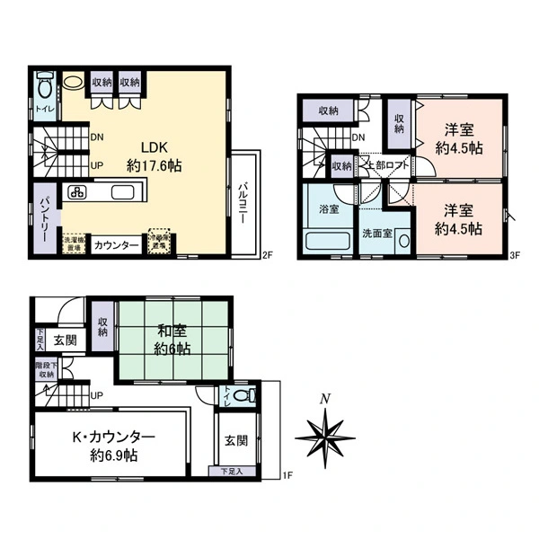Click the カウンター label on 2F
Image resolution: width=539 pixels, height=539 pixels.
point(116,245)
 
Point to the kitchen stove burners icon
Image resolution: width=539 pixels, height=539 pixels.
point(77,191)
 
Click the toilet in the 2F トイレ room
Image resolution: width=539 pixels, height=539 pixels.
point(44,91)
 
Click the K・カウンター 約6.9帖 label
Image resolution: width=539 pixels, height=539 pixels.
point(113,446)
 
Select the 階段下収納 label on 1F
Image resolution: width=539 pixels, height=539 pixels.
point(45,370)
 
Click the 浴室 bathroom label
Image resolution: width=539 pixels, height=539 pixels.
point(330,209)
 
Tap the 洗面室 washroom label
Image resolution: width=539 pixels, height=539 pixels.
point(376,233)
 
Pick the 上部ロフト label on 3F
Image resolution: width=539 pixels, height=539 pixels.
point(388,165)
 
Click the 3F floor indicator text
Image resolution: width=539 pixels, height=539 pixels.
point(517,254)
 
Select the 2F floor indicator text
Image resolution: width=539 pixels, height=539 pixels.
point(267,254)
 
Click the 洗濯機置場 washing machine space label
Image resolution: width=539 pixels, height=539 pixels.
point(74,243)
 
